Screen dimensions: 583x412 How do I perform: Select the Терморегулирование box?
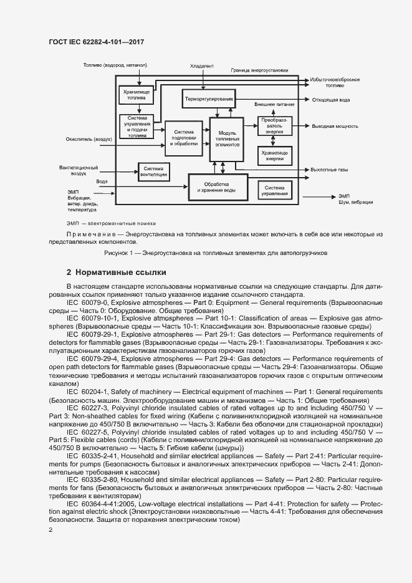point(208,99)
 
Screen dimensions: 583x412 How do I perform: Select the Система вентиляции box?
point(154,171)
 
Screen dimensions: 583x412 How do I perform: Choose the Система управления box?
point(275,190)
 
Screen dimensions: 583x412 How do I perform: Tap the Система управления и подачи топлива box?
point(137,126)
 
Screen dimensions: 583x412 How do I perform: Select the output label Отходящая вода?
point(331,99)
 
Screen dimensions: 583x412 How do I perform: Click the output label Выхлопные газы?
point(330,170)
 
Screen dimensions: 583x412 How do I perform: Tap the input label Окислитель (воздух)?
point(89,140)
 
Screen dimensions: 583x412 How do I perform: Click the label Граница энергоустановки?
point(259,70)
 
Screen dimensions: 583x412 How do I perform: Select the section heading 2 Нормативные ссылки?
point(116,272)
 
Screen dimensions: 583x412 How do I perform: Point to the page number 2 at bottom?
point(50,530)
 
